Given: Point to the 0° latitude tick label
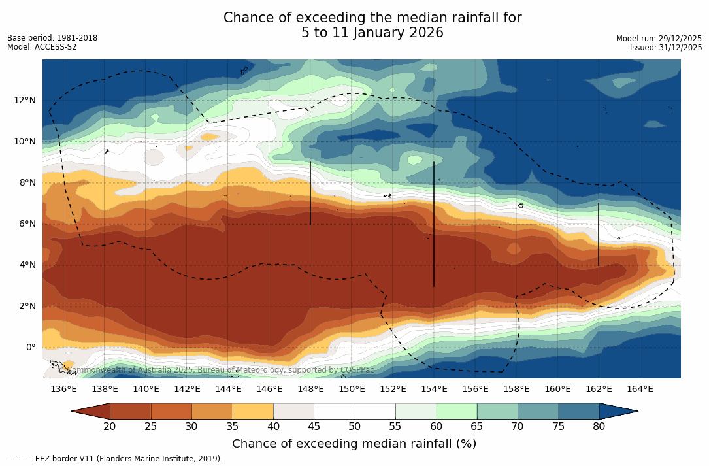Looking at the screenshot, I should click(x=31, y=347).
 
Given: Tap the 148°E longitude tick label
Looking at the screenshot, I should click(x=310, y=389).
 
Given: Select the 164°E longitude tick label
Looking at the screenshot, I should click(x=640, y=389).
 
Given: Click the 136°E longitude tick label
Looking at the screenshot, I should click(x=63, y=389).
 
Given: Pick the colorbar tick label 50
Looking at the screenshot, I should click(x=355, y=427).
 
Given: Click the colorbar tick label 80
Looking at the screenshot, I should click(x=599, y=427).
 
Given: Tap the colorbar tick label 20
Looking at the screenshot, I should click(x=110, y=427).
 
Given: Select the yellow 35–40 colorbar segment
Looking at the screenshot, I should click(x=253, y=411).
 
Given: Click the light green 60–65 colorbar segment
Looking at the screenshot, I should click(x=457, y=411).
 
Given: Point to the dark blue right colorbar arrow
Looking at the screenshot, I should click(x=617, y=411).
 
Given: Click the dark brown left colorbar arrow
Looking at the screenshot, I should click(x=92, y=411).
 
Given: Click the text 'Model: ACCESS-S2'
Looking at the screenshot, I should click(x=42, y=47).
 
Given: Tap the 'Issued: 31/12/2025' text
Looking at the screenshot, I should click(x=666, y=48).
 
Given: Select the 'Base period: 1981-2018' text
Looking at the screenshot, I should click(x=52, y=38).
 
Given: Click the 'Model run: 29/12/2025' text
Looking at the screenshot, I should click(x=659, y=39).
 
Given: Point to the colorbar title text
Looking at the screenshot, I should click(x=354, y=444).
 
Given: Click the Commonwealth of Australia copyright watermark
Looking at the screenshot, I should click(x=216, y=370).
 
